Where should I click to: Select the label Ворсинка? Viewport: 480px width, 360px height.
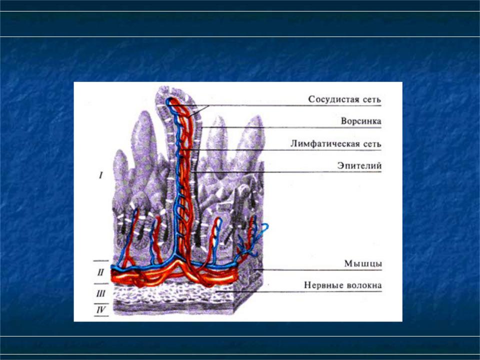[361, 121]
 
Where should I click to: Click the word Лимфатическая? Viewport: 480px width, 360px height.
[325, 143]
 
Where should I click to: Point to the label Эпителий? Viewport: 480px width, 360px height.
[359, 165]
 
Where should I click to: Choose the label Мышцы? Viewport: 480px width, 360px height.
[363, 263]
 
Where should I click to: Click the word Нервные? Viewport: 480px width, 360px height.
[323, 285]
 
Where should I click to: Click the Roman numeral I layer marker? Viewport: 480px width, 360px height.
[100, 175]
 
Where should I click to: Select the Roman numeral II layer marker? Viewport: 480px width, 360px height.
[100, 272]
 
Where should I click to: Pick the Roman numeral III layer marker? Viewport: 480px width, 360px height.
[100, 293]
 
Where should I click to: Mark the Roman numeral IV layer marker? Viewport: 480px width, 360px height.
[100, 310]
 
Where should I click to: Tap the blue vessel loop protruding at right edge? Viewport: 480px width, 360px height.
[264, 227]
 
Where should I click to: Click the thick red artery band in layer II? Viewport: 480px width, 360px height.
[174, 275]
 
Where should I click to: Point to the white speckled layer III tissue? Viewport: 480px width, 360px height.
[171, 294]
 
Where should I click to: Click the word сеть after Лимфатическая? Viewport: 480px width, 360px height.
[372, 144]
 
